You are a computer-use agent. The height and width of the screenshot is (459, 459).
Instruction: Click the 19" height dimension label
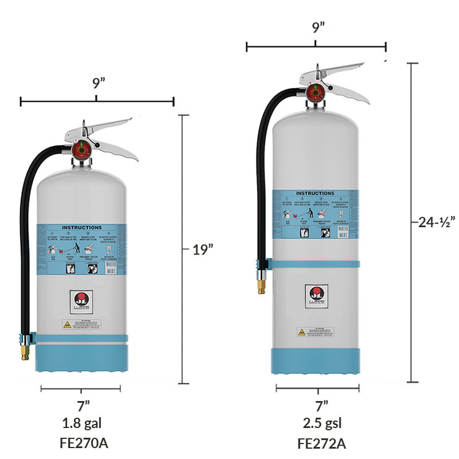[x=203, y=249]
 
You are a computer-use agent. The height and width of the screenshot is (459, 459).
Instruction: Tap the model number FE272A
[x=322, y=444]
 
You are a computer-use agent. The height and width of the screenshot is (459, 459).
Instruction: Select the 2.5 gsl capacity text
[x=322, y=425]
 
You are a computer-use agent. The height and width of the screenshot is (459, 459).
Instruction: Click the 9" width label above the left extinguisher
[x=98, y=82]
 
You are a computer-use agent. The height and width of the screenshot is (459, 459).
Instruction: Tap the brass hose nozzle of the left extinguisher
[x=25, y=351]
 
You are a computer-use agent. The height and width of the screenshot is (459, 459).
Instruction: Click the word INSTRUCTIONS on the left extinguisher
[x=81, y=228]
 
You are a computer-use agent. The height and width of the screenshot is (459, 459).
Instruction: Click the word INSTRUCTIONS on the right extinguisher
[x=315, y=194]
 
